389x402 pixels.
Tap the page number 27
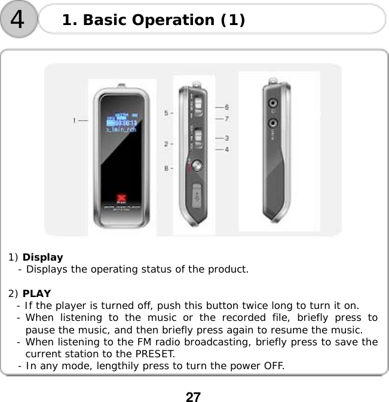193,397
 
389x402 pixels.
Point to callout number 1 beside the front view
76,120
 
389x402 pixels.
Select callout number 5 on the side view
167,112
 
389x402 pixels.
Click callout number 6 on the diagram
227,107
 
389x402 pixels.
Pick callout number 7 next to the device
227,119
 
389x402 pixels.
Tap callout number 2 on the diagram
167,144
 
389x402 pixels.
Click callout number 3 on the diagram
227,138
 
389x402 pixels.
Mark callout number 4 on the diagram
227,149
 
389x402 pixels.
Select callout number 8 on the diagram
167,169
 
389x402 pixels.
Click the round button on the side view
197,168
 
